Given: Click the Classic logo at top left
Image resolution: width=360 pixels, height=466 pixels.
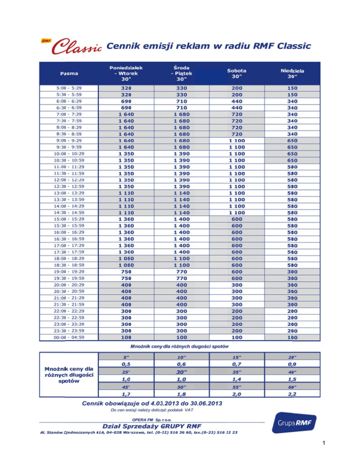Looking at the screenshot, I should tap(71, 46).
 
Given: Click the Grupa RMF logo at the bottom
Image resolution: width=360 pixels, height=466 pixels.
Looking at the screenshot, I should tap(295, 425).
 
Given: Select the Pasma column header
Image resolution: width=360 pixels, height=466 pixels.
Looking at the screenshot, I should tap(69, 73).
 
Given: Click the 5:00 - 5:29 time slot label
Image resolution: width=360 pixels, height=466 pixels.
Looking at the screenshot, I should tap(68, 88).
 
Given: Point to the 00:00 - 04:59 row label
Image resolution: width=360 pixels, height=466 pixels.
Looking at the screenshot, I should tap(68, 337).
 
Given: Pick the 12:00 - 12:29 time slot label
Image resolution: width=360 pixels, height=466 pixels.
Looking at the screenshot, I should tap(68, 180).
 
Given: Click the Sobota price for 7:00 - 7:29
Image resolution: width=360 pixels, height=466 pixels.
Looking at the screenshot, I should tap(237, 114).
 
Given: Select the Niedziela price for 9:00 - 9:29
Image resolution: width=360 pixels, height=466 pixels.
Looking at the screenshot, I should tap(293, 140).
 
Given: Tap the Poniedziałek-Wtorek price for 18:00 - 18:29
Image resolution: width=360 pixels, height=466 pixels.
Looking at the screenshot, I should tap(126, 258).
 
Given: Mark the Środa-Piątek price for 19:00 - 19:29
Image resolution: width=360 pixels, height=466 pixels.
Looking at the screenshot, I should tap(181, 271).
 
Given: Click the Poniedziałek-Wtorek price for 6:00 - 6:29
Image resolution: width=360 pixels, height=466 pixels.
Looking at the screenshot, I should tap(126, 101).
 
